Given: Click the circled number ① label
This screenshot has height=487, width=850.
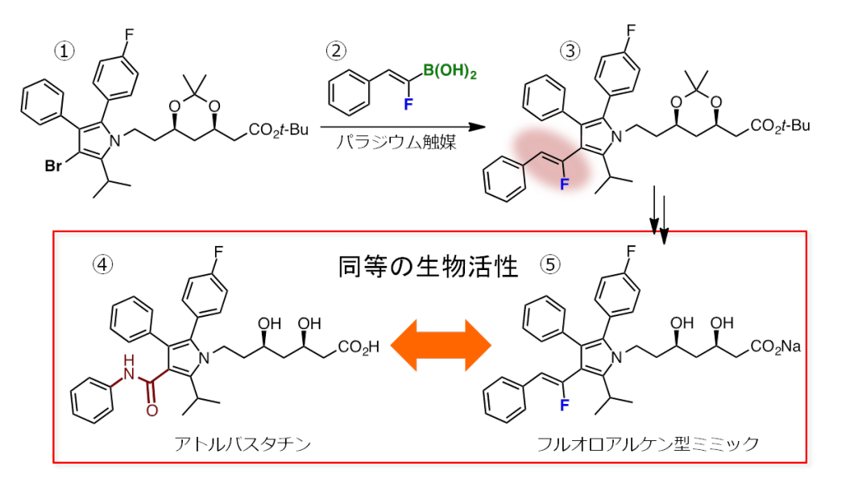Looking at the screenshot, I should (64, 50).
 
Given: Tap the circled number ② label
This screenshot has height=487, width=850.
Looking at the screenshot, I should (335, 50).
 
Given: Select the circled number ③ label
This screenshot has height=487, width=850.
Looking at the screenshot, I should (570, 50).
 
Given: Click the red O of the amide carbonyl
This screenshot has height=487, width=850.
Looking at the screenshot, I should (151, 410).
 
